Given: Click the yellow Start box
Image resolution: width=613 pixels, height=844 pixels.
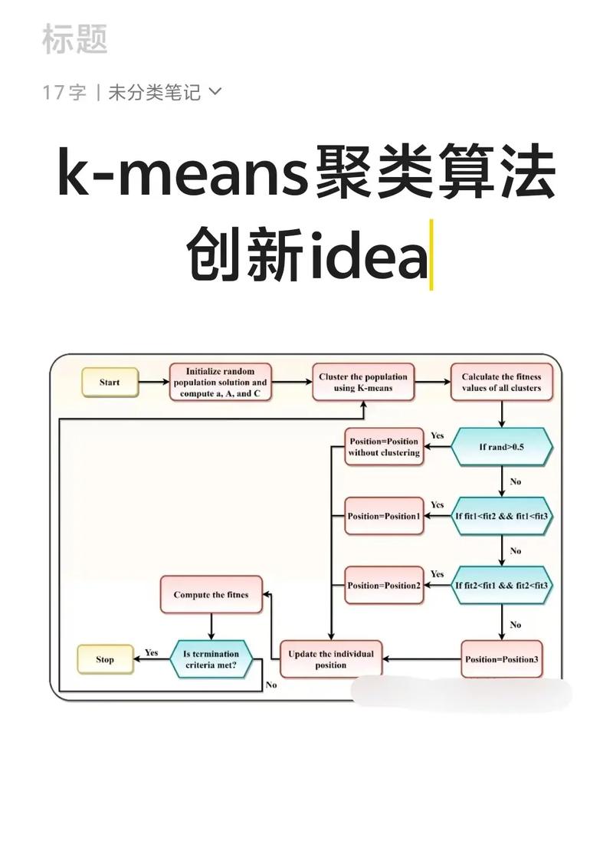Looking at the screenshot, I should coord(110,382).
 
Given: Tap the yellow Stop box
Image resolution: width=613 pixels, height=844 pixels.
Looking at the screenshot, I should coord(105,659).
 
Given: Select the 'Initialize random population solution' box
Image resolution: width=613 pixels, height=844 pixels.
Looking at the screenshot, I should coord(221,382).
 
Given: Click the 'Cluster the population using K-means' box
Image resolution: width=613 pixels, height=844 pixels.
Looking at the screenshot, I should coord(363,382).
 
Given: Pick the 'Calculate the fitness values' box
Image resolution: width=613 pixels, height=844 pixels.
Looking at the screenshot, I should coord(501,382).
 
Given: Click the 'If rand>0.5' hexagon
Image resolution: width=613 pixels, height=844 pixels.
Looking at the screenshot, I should coord(501,447).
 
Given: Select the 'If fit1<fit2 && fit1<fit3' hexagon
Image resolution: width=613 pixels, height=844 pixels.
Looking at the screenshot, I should coord(501,516).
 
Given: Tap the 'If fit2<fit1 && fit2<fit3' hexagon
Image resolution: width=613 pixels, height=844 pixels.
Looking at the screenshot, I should coord(501,585).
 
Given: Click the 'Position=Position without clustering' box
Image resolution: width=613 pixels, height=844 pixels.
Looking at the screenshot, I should coord(384,447).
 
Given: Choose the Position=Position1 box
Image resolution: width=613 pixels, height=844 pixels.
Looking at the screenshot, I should coord(384,516).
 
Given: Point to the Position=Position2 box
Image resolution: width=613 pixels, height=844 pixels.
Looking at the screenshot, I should coord(384,585).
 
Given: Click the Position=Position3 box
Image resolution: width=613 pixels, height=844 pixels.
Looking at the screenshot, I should coord(501,659).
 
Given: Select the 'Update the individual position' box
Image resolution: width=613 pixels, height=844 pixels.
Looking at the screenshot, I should coord(331,659).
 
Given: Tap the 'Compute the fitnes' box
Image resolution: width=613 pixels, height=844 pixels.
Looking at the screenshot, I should coord(211,594).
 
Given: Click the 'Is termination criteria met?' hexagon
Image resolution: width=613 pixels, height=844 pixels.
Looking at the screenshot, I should coord(211,659).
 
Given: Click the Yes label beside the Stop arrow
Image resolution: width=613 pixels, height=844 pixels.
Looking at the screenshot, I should coord(152,652).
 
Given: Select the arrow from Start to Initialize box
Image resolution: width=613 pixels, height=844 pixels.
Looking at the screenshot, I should coord(154,382).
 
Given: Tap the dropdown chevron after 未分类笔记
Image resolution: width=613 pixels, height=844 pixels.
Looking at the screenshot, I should coord(215,92).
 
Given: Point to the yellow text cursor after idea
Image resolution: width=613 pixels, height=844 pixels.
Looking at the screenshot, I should coord(431,255).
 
